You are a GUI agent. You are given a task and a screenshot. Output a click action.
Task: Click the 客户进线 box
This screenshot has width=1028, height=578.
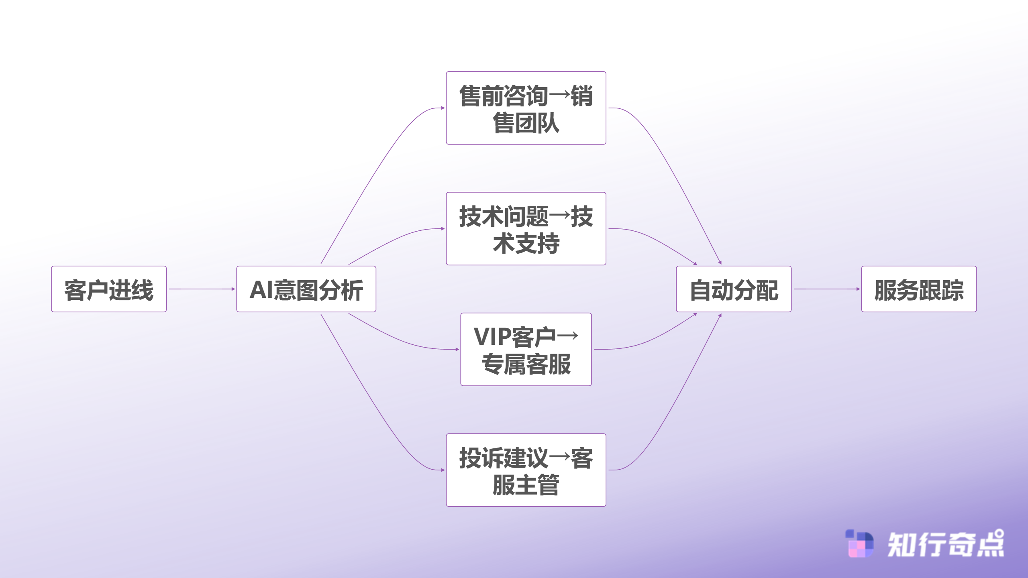108,289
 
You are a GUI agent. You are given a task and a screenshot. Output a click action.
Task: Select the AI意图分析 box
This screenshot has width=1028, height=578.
306,289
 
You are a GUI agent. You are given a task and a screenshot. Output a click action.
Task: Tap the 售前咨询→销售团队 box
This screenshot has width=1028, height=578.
526,108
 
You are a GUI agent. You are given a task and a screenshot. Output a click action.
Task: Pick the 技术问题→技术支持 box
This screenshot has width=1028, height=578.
526,229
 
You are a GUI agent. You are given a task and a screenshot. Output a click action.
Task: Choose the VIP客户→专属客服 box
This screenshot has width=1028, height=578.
526,349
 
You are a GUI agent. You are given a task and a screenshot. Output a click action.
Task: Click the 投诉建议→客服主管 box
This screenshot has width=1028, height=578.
526,470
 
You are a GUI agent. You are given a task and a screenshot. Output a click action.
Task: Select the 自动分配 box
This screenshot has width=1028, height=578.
733,289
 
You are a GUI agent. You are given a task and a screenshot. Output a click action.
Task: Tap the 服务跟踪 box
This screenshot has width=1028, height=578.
919,289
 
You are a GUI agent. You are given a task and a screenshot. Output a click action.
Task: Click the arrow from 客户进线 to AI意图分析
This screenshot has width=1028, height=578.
201,289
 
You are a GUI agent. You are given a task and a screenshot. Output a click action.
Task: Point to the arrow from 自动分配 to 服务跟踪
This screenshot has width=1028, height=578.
826,289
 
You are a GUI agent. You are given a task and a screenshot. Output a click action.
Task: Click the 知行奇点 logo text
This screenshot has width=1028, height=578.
945,544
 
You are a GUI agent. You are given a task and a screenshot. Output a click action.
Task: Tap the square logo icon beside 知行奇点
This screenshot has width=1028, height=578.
859,543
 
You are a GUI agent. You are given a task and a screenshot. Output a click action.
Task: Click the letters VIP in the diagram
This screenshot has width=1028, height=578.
492,336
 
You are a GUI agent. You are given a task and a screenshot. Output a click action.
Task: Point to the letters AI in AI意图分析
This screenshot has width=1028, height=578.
261,289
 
